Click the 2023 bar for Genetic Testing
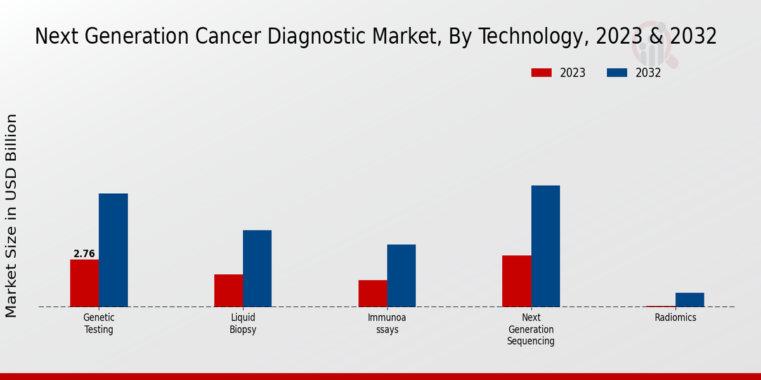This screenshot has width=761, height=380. pyautogui.click(x=84, y=283)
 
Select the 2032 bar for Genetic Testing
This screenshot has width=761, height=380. pyautogui.click(x=113, y=250)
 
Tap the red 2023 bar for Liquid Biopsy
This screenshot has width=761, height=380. pyautogui.click(x=228, y=291)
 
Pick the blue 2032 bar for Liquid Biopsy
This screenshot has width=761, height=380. pyautogui.click(x=257, y=269)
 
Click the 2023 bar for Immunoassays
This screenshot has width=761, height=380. pyautogui.click(x=372, y=293)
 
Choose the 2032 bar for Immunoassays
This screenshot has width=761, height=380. pyautogui.click(x=401, y=275)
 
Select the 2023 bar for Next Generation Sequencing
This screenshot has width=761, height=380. pyautogui.click(x=516, y=281)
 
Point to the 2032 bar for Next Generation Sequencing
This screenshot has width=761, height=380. pyautogui.click(x=545, y=246)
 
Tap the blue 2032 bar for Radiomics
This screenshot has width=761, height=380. pyautogui.click(x=689, y=300)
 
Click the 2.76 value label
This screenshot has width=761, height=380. pyautogui.click(x=84, y=254)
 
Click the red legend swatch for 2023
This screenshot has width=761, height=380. pyautogui.click(x=541, y=73)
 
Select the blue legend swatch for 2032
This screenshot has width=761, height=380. pyautogui.click(x=616, y=73)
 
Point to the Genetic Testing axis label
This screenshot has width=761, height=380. pyautogui.click(x=99, y=324)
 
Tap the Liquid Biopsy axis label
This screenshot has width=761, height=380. pyautogui.click(x=243, y=324)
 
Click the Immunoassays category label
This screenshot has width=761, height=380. pyautogui.click(x=387, y=324)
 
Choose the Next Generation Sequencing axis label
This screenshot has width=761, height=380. pyautogui.click(x=531, y=329)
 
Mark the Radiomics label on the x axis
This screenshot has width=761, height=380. pyautogui.click(x=675, y=318)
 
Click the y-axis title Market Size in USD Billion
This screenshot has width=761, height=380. pyautogui.click(x=11, y=215)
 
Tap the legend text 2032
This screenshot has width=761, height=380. pyautogui.click(x=648, y=73)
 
